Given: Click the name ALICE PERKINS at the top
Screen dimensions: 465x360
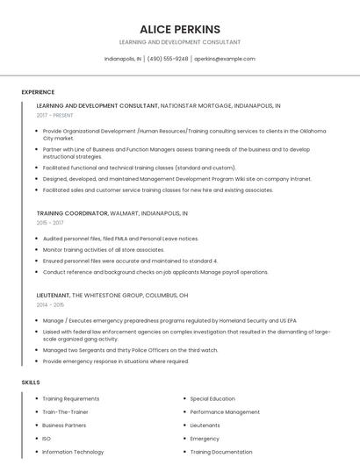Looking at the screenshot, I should click(180, 29).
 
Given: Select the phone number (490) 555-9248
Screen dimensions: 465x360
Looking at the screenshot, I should click(168, 59).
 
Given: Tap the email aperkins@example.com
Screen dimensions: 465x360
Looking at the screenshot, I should click(225, 59).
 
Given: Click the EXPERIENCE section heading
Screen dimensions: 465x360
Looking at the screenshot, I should click(38, 92).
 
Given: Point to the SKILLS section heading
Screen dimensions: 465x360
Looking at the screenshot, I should click(31, 383).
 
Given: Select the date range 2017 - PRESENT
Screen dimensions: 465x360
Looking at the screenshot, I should click(55, 115).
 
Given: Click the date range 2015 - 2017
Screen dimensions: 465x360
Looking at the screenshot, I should click(50, 223).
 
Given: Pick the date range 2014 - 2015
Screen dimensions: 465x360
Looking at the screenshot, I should click(50, 304).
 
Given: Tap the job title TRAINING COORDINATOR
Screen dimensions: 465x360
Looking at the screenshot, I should click(72, 213).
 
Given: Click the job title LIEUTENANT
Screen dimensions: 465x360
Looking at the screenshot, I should click(53, 295).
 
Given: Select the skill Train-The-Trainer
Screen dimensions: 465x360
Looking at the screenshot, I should click(66, 411).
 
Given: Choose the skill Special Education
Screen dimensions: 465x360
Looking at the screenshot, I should click(212, 398).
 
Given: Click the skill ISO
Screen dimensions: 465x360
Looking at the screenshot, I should click(47, 439).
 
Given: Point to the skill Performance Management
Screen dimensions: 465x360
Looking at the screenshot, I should click(225, 411).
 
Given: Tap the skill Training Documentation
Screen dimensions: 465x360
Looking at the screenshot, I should click(221, 452).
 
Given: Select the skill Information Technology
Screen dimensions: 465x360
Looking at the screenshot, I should click(73, 452).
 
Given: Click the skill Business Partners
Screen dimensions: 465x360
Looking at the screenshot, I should click(65, 425).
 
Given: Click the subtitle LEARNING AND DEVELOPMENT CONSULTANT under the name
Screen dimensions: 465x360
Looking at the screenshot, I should click(180, 42).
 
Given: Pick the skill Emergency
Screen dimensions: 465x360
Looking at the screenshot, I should click(205, 439).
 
